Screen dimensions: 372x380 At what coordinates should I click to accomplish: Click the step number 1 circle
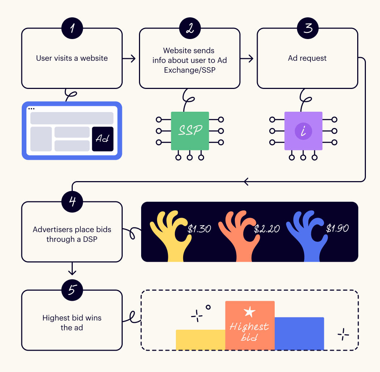pos(72,28)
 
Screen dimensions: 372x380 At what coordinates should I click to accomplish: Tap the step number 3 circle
pos(308,28)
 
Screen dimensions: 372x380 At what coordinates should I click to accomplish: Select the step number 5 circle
pos(72,290)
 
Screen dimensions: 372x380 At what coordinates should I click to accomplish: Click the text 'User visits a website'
pos(72,58)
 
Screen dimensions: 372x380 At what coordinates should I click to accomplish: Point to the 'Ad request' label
pos(307,58)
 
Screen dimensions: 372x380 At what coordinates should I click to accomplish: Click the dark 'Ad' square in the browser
pos(102,139)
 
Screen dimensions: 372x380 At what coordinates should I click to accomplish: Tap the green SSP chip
pos(190,131)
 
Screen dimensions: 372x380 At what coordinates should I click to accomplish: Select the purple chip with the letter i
pos(303,131)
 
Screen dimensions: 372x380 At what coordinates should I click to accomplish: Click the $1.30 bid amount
pos(199,229)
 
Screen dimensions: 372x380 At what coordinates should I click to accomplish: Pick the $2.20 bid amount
pos(267,229)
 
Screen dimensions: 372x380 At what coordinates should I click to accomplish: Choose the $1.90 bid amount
pos(337,228)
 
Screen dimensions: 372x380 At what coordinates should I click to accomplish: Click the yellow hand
pos(170,235)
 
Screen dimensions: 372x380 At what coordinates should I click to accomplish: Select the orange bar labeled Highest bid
pos(250,325)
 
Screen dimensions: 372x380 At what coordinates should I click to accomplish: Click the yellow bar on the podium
pos(200,340)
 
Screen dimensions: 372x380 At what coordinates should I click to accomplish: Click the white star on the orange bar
pos(249,312)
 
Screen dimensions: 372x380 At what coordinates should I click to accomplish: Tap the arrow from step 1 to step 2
pos(128,58)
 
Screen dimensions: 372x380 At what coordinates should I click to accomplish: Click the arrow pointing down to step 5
pos(72,269)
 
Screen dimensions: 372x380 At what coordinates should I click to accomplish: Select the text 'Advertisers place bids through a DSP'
pos(72,234)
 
